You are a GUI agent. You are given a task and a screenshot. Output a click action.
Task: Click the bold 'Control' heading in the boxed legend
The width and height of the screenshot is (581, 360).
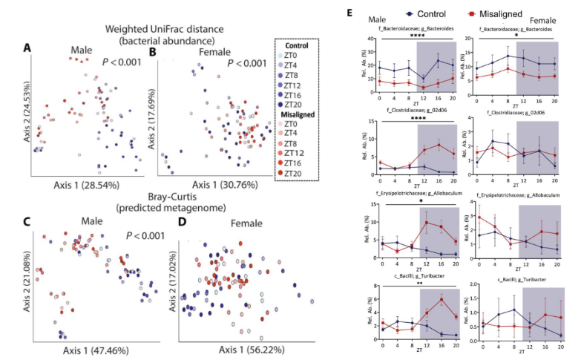298,45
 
